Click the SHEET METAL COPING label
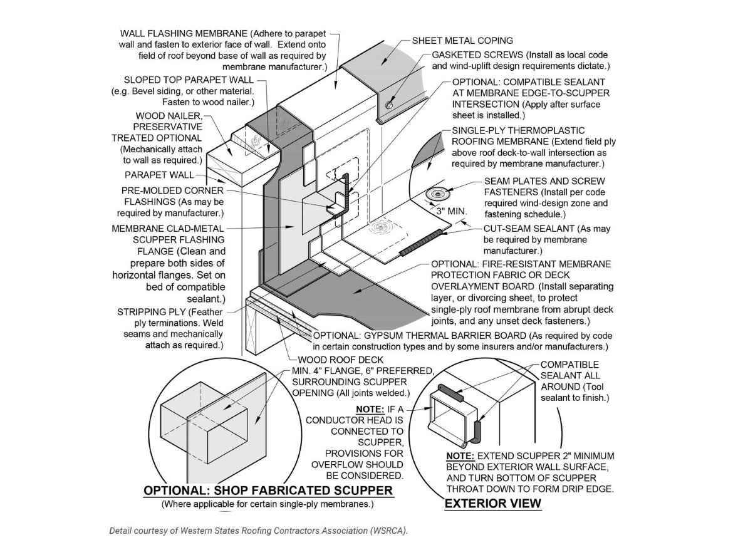462,41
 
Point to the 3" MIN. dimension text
450,212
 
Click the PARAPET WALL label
159,175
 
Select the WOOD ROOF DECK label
340,360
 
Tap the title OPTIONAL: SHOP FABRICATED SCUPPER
268,490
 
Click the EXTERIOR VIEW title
492,503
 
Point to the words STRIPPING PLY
151,312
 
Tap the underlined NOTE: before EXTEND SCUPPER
460,455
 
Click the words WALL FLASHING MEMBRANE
184,33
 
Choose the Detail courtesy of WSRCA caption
258,531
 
